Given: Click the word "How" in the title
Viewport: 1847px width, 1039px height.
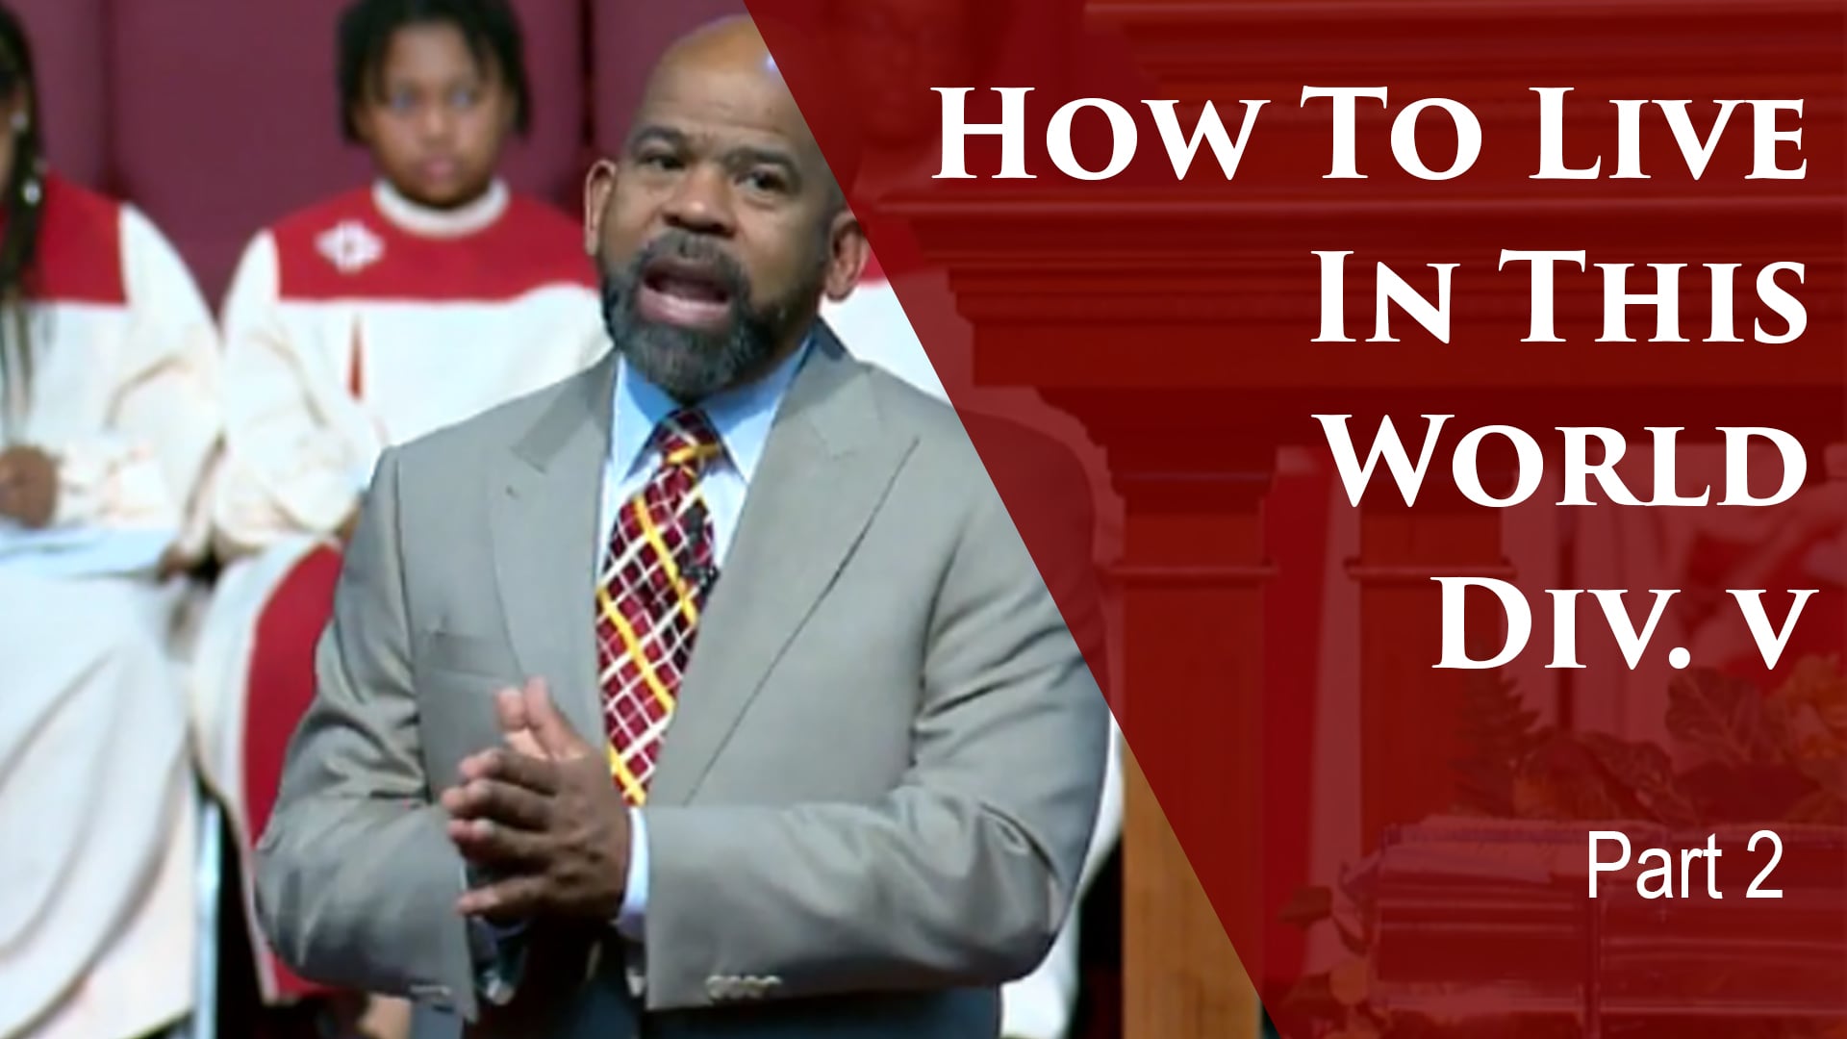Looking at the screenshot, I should (x=1087, y=135).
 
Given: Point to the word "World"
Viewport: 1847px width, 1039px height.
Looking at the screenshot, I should (x=1568, y=462).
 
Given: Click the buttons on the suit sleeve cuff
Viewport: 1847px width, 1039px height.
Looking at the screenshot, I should (x=744, y=987).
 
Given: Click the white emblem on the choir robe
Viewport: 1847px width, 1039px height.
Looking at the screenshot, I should (x=349, y=245).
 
